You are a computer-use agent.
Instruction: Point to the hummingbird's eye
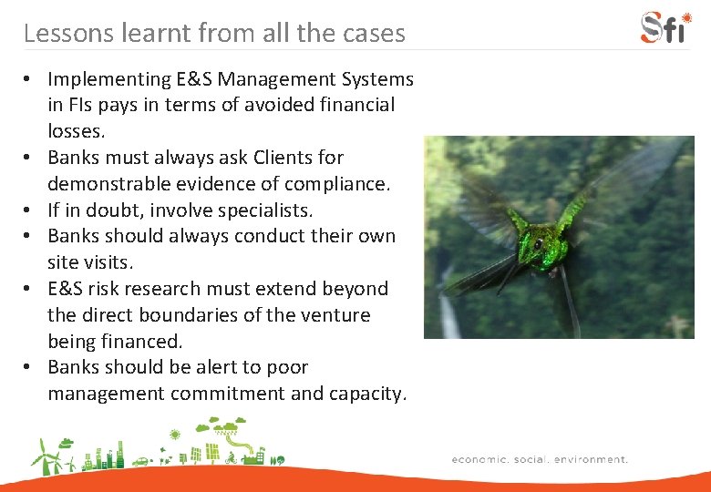[x=539, y=244]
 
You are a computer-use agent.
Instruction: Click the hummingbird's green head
[x=543, y=244]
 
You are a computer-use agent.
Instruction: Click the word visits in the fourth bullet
[x=108, y=262]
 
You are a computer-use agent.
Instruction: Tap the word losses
[x=74, y=131]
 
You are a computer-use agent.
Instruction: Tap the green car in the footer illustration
[x=140, y=461]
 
